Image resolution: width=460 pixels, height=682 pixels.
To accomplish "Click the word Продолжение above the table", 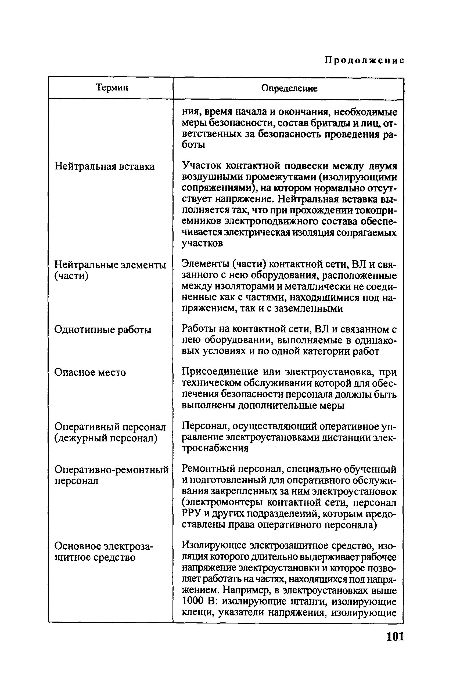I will (365, 60).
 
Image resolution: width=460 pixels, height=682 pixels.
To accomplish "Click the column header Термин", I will (112, 87).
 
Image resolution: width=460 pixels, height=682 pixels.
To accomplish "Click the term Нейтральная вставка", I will (105, 166).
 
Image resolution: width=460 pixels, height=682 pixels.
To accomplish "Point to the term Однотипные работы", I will (103, 330).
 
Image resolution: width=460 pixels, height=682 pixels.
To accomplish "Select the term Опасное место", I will (90, 372).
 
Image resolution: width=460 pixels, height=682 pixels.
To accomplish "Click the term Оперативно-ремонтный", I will (112, 470).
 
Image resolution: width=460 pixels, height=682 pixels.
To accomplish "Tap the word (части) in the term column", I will (71, 276).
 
